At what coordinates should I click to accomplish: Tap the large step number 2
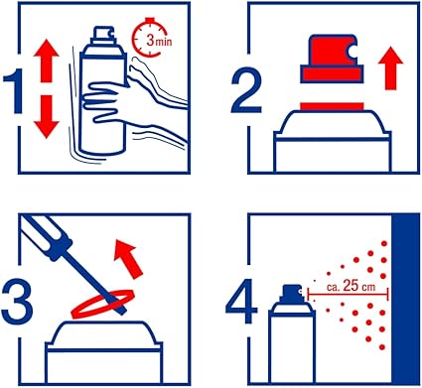[246, 91]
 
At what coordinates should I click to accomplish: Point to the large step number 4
[241, 301]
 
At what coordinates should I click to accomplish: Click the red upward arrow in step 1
[46, 61]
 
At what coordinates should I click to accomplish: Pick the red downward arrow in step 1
[46, 117]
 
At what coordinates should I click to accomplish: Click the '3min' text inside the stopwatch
[159, 41]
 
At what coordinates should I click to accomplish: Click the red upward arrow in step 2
[391, 68]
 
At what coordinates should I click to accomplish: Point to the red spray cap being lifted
[331, 59]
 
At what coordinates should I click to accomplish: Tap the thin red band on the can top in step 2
[332, 106]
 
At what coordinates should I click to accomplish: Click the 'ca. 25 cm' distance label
[352, 286]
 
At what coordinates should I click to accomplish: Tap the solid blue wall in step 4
[405, 300]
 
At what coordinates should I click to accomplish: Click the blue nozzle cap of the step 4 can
[291, 294]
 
